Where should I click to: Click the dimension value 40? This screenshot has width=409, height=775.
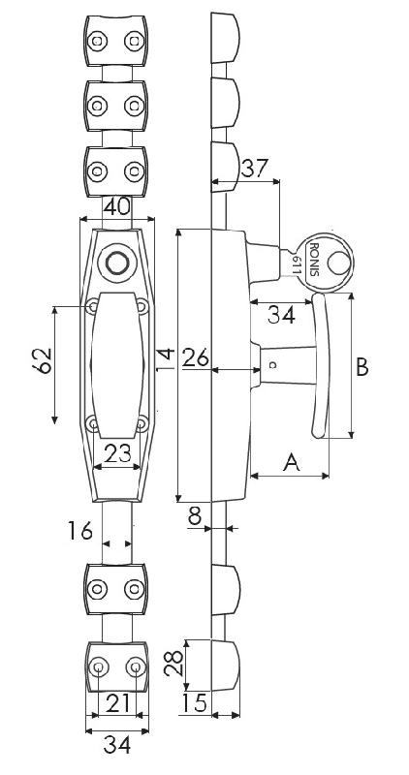click(x=117, y=206)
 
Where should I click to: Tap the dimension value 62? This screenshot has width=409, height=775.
click(x=43, y=360)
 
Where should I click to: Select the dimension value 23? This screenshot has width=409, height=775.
click(x=117, y=453)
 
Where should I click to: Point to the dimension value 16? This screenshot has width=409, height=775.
click(x=80, y=531)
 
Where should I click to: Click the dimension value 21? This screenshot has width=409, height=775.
click(x=117, y=703)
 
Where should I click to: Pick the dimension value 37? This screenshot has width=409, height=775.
click(x=254, y=169)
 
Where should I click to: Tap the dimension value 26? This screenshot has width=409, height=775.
click(x=196, y=357)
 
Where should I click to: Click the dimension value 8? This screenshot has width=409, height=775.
click(x=195, y=516)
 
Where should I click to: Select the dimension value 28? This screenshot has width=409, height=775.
click(x=173, y=663)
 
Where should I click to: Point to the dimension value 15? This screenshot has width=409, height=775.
click(x=194, y=703)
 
